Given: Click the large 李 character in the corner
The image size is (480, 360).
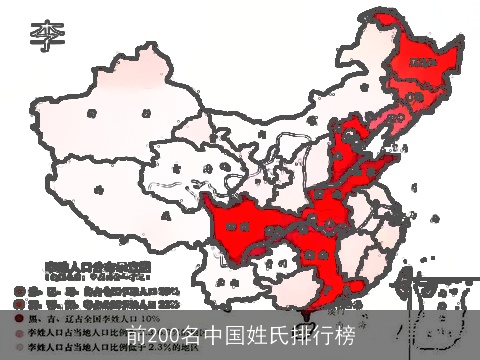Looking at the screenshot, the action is tap(45, 37).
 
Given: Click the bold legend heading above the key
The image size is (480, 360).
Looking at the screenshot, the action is tap(95, 266).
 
